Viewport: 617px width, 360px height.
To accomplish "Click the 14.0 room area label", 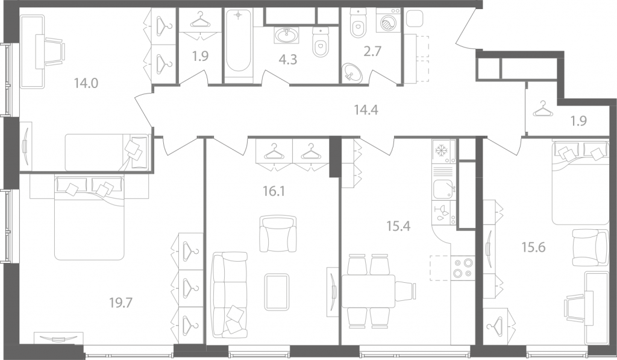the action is click(86, 83).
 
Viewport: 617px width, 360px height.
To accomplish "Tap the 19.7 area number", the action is click(121, 303).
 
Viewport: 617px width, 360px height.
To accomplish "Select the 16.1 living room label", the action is click(274, 191).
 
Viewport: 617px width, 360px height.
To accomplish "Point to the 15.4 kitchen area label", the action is click(399, 226).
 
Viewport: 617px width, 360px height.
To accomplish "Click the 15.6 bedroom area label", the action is click(534, 248).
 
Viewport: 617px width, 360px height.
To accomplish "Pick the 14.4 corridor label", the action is click(366, 110).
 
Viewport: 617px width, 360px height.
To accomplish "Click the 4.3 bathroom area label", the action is click(287, 60).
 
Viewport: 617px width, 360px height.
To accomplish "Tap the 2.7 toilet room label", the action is click(372, 51).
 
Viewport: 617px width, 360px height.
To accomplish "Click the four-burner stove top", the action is click(463, 268).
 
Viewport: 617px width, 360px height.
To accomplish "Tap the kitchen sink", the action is click(443, 189).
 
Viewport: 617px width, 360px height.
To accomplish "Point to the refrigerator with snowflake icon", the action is click(443, 151).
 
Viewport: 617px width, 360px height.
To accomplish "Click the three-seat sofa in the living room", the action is click(230, 295).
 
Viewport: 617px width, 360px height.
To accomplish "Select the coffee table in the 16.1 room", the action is click(277, 292).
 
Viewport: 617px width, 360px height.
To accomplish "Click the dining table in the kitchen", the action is click(368, 291).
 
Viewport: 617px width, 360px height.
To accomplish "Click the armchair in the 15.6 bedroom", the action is click(590, 248).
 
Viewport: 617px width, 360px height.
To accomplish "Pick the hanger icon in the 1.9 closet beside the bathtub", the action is click(200, 20).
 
